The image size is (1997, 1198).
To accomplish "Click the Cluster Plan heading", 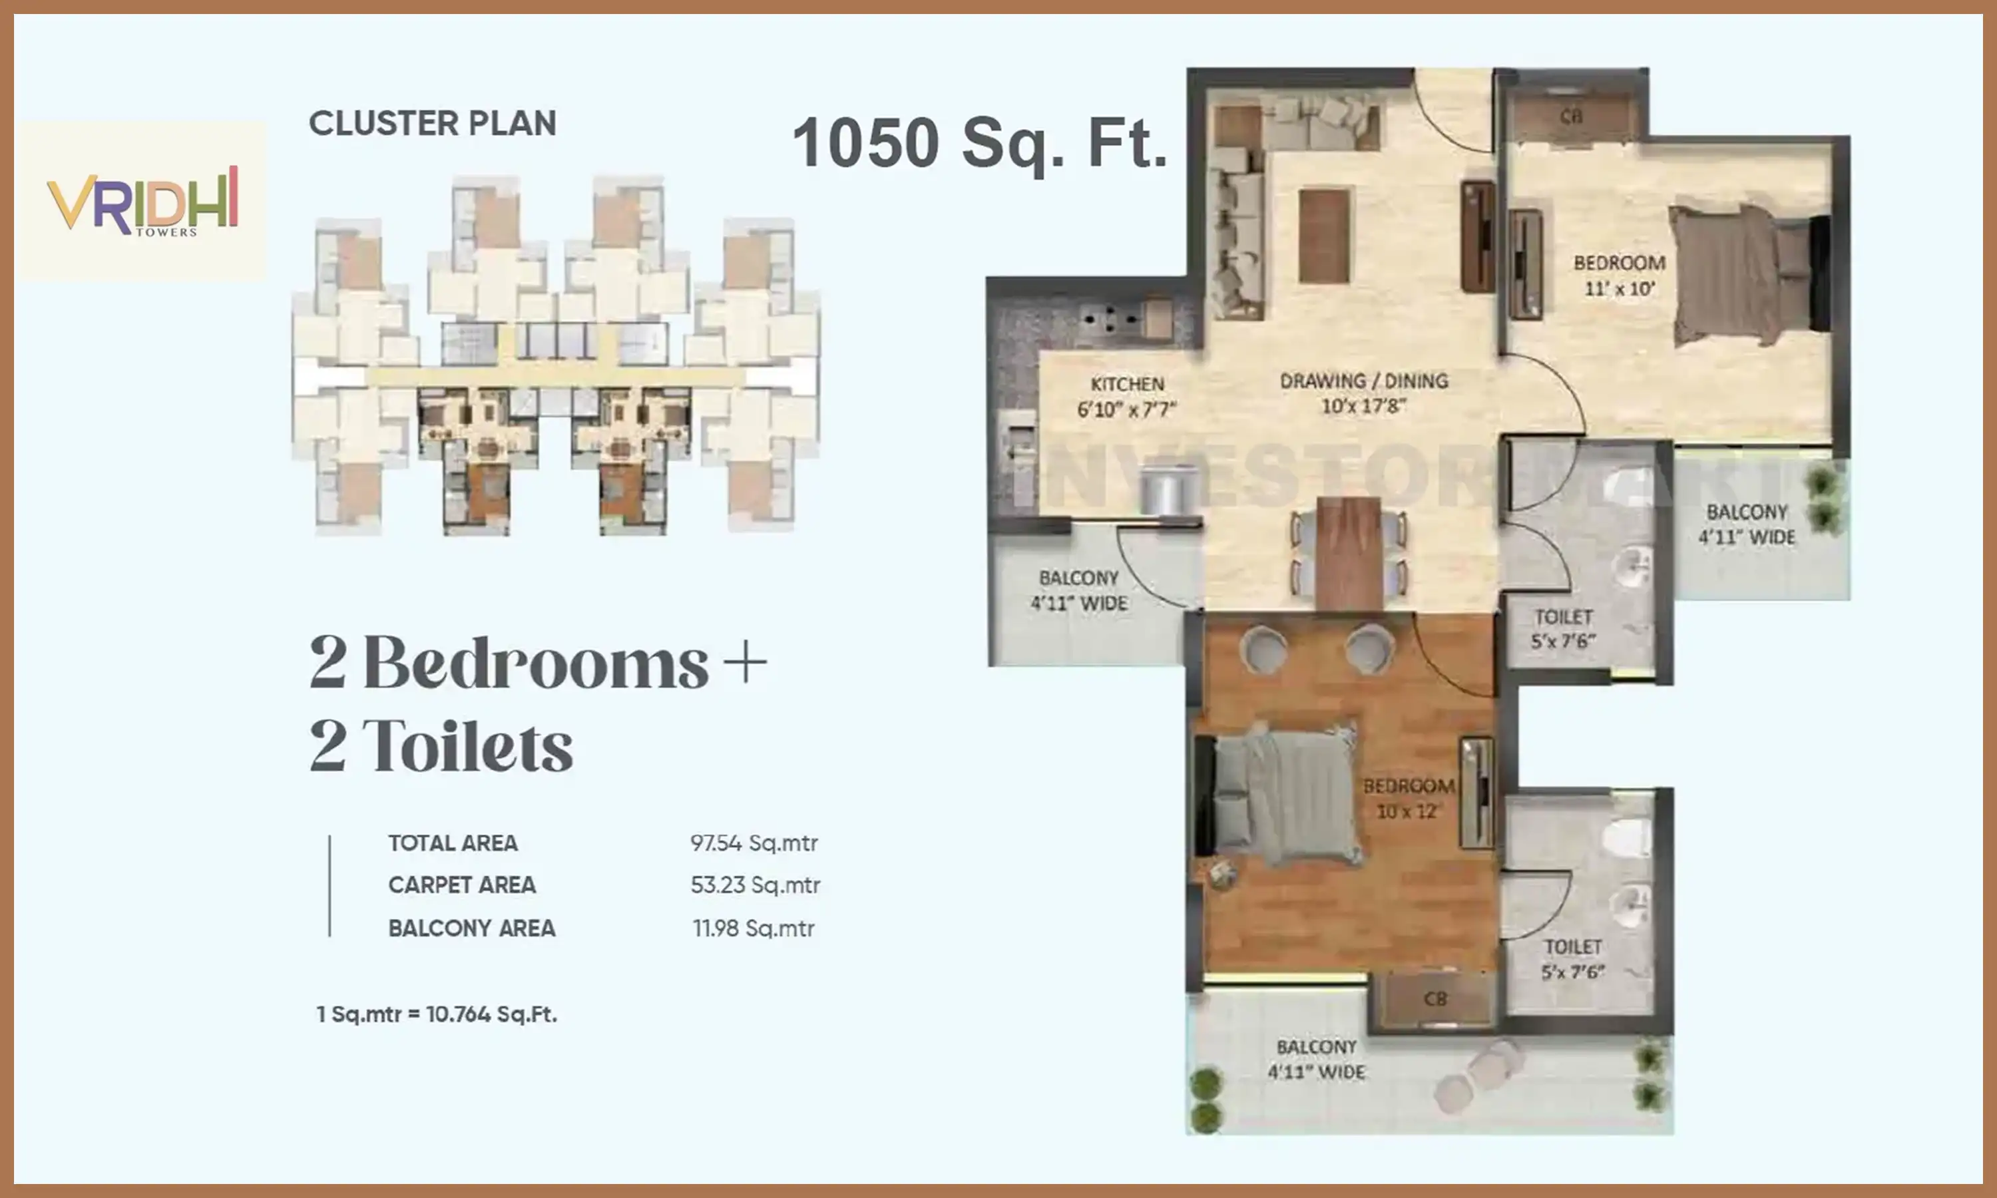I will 433,124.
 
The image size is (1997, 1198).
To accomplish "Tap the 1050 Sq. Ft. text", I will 979,142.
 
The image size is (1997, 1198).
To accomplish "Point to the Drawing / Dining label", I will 1363,392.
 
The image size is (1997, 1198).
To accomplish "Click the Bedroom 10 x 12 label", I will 1409,797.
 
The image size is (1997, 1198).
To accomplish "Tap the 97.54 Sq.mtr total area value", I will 753,843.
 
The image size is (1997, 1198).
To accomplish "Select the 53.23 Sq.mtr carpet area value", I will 755,885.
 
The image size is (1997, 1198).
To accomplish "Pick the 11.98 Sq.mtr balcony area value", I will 753,928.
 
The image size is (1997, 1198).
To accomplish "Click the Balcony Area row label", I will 471,928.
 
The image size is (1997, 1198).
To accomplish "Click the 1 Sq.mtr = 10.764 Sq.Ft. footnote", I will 437,1014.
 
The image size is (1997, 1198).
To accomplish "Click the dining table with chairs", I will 1349,553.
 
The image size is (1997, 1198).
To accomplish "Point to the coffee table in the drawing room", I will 1324,235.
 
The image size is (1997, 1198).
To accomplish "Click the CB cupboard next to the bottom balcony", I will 1434,1000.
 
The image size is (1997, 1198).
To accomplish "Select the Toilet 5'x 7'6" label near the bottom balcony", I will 1572,959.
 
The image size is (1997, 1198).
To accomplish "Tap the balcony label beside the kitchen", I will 1078,590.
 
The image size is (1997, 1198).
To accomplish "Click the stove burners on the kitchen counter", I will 1112,319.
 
